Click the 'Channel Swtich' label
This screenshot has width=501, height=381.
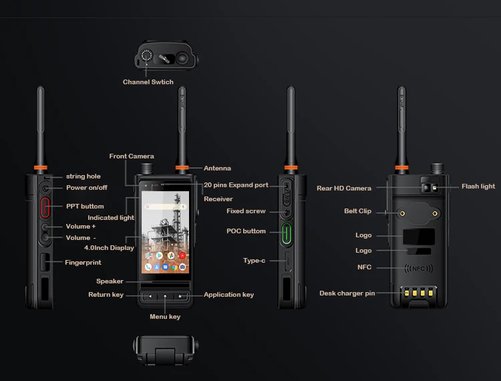coord(148,82)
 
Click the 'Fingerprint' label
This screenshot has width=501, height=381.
coord(83,263)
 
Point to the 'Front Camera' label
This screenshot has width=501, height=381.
coord(132,156)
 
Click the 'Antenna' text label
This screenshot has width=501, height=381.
coord(217,168)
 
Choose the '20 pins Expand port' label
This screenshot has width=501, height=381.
coord(236,185)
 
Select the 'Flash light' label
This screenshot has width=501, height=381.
coord(478,186)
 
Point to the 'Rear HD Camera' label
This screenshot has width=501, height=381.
coord(344,188)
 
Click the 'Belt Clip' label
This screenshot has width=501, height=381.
coord(358,211)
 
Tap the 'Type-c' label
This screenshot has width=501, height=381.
coord(255,261)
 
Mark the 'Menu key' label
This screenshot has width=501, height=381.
coord(165,317)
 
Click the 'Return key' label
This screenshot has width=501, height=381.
coord(106,295)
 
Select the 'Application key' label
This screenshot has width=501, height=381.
coord(228,295)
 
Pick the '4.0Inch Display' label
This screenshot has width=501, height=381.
coord(114,248)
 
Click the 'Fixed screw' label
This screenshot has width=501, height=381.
coord(246,211)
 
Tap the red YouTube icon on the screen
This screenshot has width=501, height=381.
coord(182,255)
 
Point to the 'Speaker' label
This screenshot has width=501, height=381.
coord(110,281)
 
